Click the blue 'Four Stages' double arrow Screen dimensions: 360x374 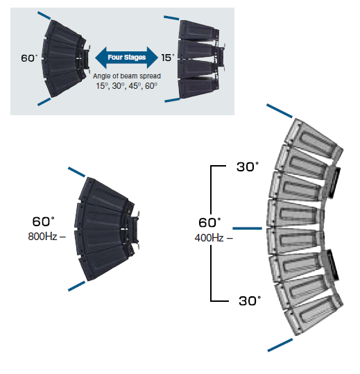click(x=127, y=58)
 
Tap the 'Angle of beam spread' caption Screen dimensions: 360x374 click(x=127, y=76)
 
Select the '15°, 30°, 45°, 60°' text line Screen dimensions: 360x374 click(x=127, y=86)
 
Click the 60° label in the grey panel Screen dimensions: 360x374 click(x=29, y=58)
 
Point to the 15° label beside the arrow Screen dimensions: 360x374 click(x=168, y=58)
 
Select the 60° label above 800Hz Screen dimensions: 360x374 click(x=43, y=221)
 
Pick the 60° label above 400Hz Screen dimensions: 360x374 click(x=209, y=223)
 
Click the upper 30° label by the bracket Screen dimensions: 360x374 click(x=248, y=167)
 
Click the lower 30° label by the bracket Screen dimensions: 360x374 click(x=250, y=300)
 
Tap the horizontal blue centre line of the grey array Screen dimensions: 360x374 click(x=247, y=228)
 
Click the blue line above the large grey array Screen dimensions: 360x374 click(x=280, y=111)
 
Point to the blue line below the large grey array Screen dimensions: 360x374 click(x=280, y=345)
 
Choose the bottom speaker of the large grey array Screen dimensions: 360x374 click(x=313, y=315)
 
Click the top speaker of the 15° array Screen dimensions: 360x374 click(x=198, y=30)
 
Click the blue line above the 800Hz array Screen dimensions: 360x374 click(x=76, y=172)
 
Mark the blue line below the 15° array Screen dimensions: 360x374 click(x=172, y=100)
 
